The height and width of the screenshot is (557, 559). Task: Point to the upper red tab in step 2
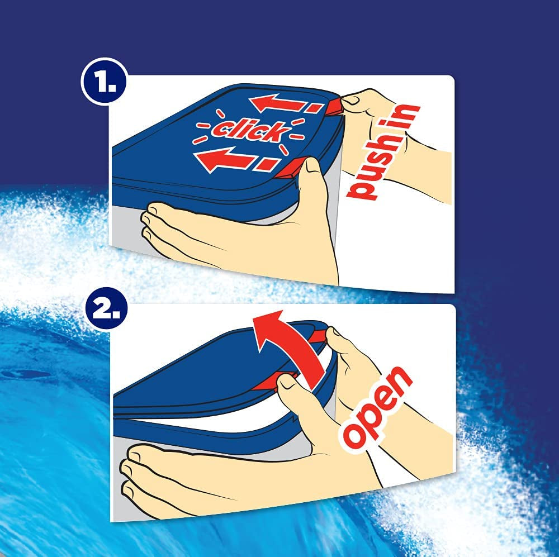point(319,336)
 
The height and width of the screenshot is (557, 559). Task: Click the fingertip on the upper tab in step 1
point(351,101)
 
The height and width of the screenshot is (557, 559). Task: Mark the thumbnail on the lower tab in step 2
point(285,383)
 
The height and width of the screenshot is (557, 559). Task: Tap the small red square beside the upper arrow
point(315,107)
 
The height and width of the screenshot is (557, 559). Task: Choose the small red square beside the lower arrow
point(267,164)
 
